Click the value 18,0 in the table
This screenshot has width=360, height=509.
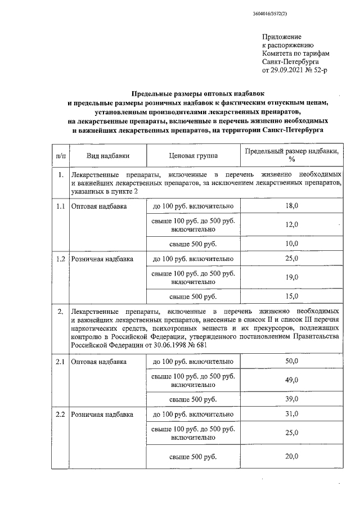point(292,206)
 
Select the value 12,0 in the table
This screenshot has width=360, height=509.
point(292,224)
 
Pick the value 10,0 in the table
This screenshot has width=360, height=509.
point(292,243)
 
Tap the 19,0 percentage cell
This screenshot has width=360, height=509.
point(292,277)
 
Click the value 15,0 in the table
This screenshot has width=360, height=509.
point(292,295)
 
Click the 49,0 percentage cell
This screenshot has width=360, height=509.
point(292,380)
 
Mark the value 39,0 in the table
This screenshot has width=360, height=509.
point(292,399)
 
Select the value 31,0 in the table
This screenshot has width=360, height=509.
point(292,415)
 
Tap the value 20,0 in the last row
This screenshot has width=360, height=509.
point(292,456)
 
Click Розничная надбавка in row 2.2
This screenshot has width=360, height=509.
point(102,415)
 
